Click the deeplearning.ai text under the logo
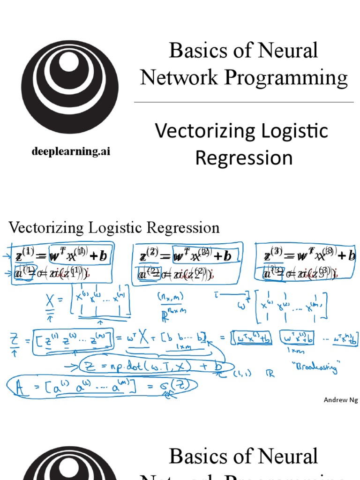(71, 151)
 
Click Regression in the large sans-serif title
(244, 157)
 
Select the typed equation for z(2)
(186, 256)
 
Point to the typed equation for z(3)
(309, 256)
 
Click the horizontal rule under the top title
(244, 102)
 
